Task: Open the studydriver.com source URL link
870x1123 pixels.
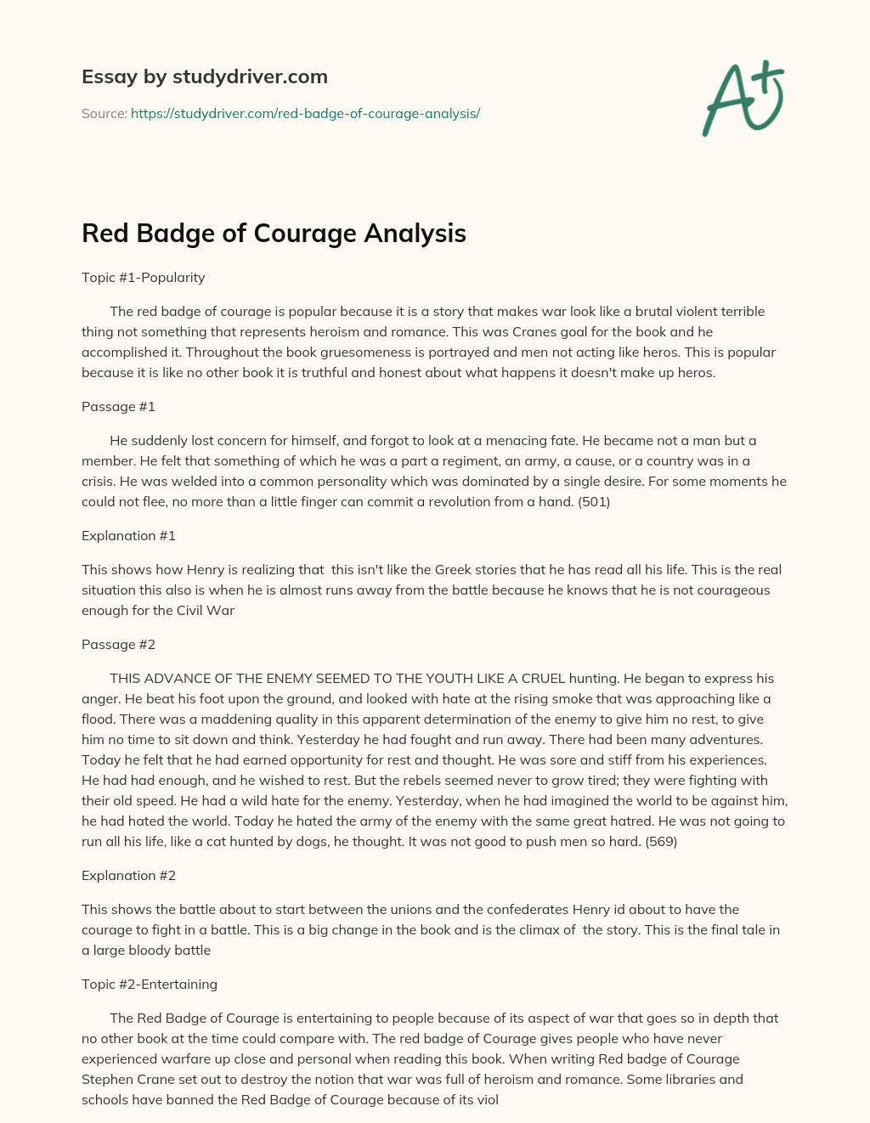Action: pos(305,114)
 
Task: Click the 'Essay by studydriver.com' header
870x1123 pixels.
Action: pos(204,76)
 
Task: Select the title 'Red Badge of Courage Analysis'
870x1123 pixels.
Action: pos(274,234)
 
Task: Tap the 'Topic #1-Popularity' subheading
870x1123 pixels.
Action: pos(143,278)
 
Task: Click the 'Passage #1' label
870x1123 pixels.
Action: pos(118,407)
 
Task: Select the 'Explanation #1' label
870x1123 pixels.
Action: pos(128,536)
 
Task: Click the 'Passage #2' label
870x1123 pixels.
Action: pos(118,645)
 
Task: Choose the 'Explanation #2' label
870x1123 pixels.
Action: pos(128,876)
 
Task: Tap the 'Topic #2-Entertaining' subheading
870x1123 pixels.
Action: pos(150,985)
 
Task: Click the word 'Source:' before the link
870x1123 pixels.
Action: pos(104,114)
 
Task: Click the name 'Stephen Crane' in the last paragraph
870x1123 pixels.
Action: pos(123,1080)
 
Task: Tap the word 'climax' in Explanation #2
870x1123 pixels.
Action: pos(539,930)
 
